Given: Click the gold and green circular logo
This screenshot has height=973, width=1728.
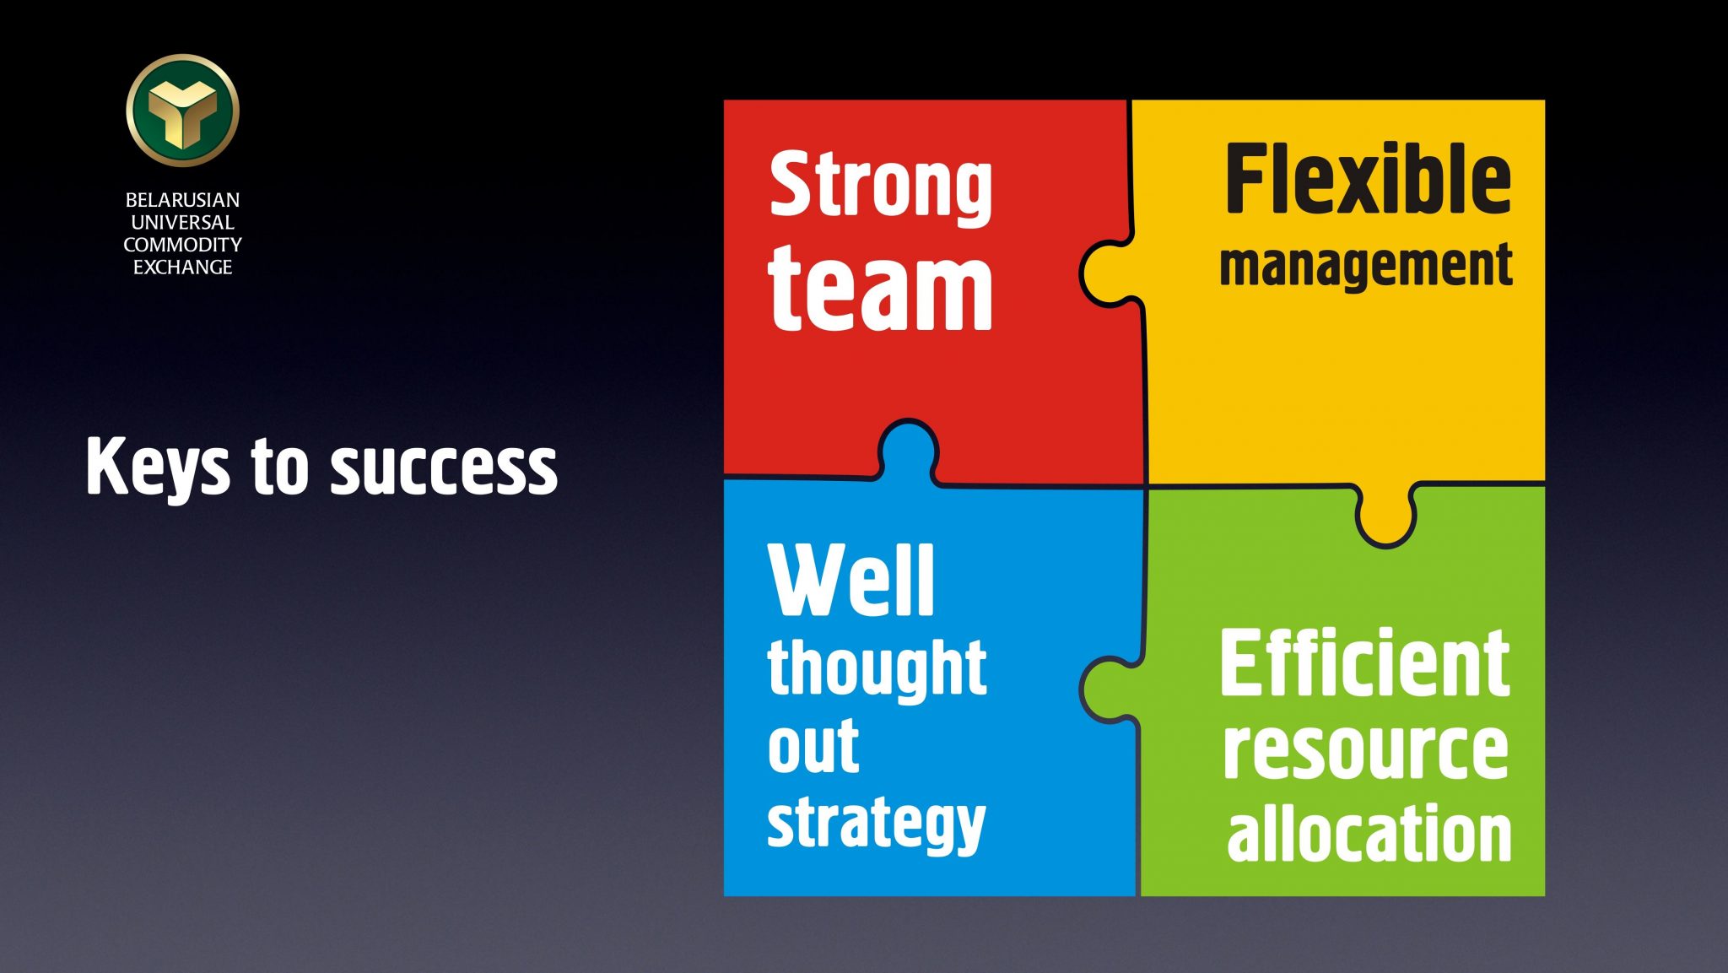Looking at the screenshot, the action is (183, 110).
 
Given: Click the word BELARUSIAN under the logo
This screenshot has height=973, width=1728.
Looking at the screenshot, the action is (182, 200).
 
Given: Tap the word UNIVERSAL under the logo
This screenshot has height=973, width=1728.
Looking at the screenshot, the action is (182, 222).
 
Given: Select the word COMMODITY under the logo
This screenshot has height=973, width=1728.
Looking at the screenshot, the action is (182, 245).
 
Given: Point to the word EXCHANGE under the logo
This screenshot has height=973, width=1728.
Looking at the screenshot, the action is (182, 267).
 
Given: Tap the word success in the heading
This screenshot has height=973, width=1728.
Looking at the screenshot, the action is (444, 469).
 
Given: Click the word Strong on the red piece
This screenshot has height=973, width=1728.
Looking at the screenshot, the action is (881, 187).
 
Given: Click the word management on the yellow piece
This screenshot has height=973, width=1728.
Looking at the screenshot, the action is (1366, 267).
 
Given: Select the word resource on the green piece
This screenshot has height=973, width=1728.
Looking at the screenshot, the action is (1366, 750).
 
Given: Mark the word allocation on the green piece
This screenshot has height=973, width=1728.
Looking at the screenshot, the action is (1369, 832).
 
